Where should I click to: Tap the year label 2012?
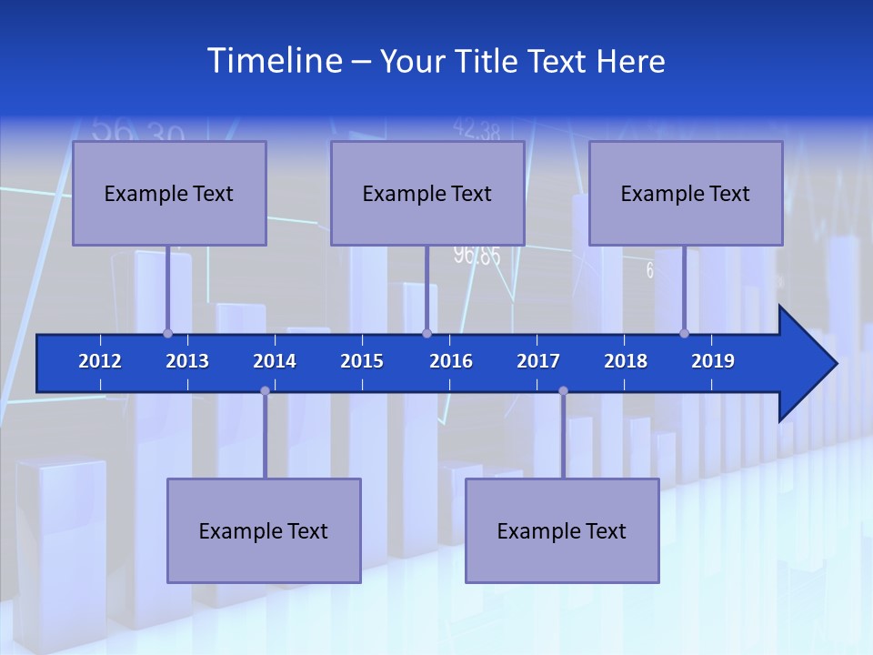[x=100, y=361]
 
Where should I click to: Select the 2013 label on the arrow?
[x=187, y=361]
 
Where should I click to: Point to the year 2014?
[x=275, y=361]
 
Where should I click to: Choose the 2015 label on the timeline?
[x=362, y=361]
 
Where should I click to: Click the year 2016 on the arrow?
[x=451, y=361]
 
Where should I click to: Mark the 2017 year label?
[x=538, y=361]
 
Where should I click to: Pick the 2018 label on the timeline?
[x=626, y=361]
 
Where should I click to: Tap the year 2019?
[x=713, y=361]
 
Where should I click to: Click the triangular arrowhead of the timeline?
[x=806, y=364]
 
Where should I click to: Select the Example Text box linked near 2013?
[x=169, y=194]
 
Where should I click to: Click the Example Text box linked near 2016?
[x=427, y=194]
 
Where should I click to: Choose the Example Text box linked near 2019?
[x=686, y=194]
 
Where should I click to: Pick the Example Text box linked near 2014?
[x=264, y=530]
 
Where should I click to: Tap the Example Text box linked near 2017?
[x=562, y=530]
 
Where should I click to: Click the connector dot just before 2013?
[x=167, y=333]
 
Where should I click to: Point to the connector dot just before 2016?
[x=426, y=333]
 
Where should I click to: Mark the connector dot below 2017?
[x=563, y=391]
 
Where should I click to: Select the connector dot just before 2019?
[x=684, y=333]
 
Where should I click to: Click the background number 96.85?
[x=477, y=256]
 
